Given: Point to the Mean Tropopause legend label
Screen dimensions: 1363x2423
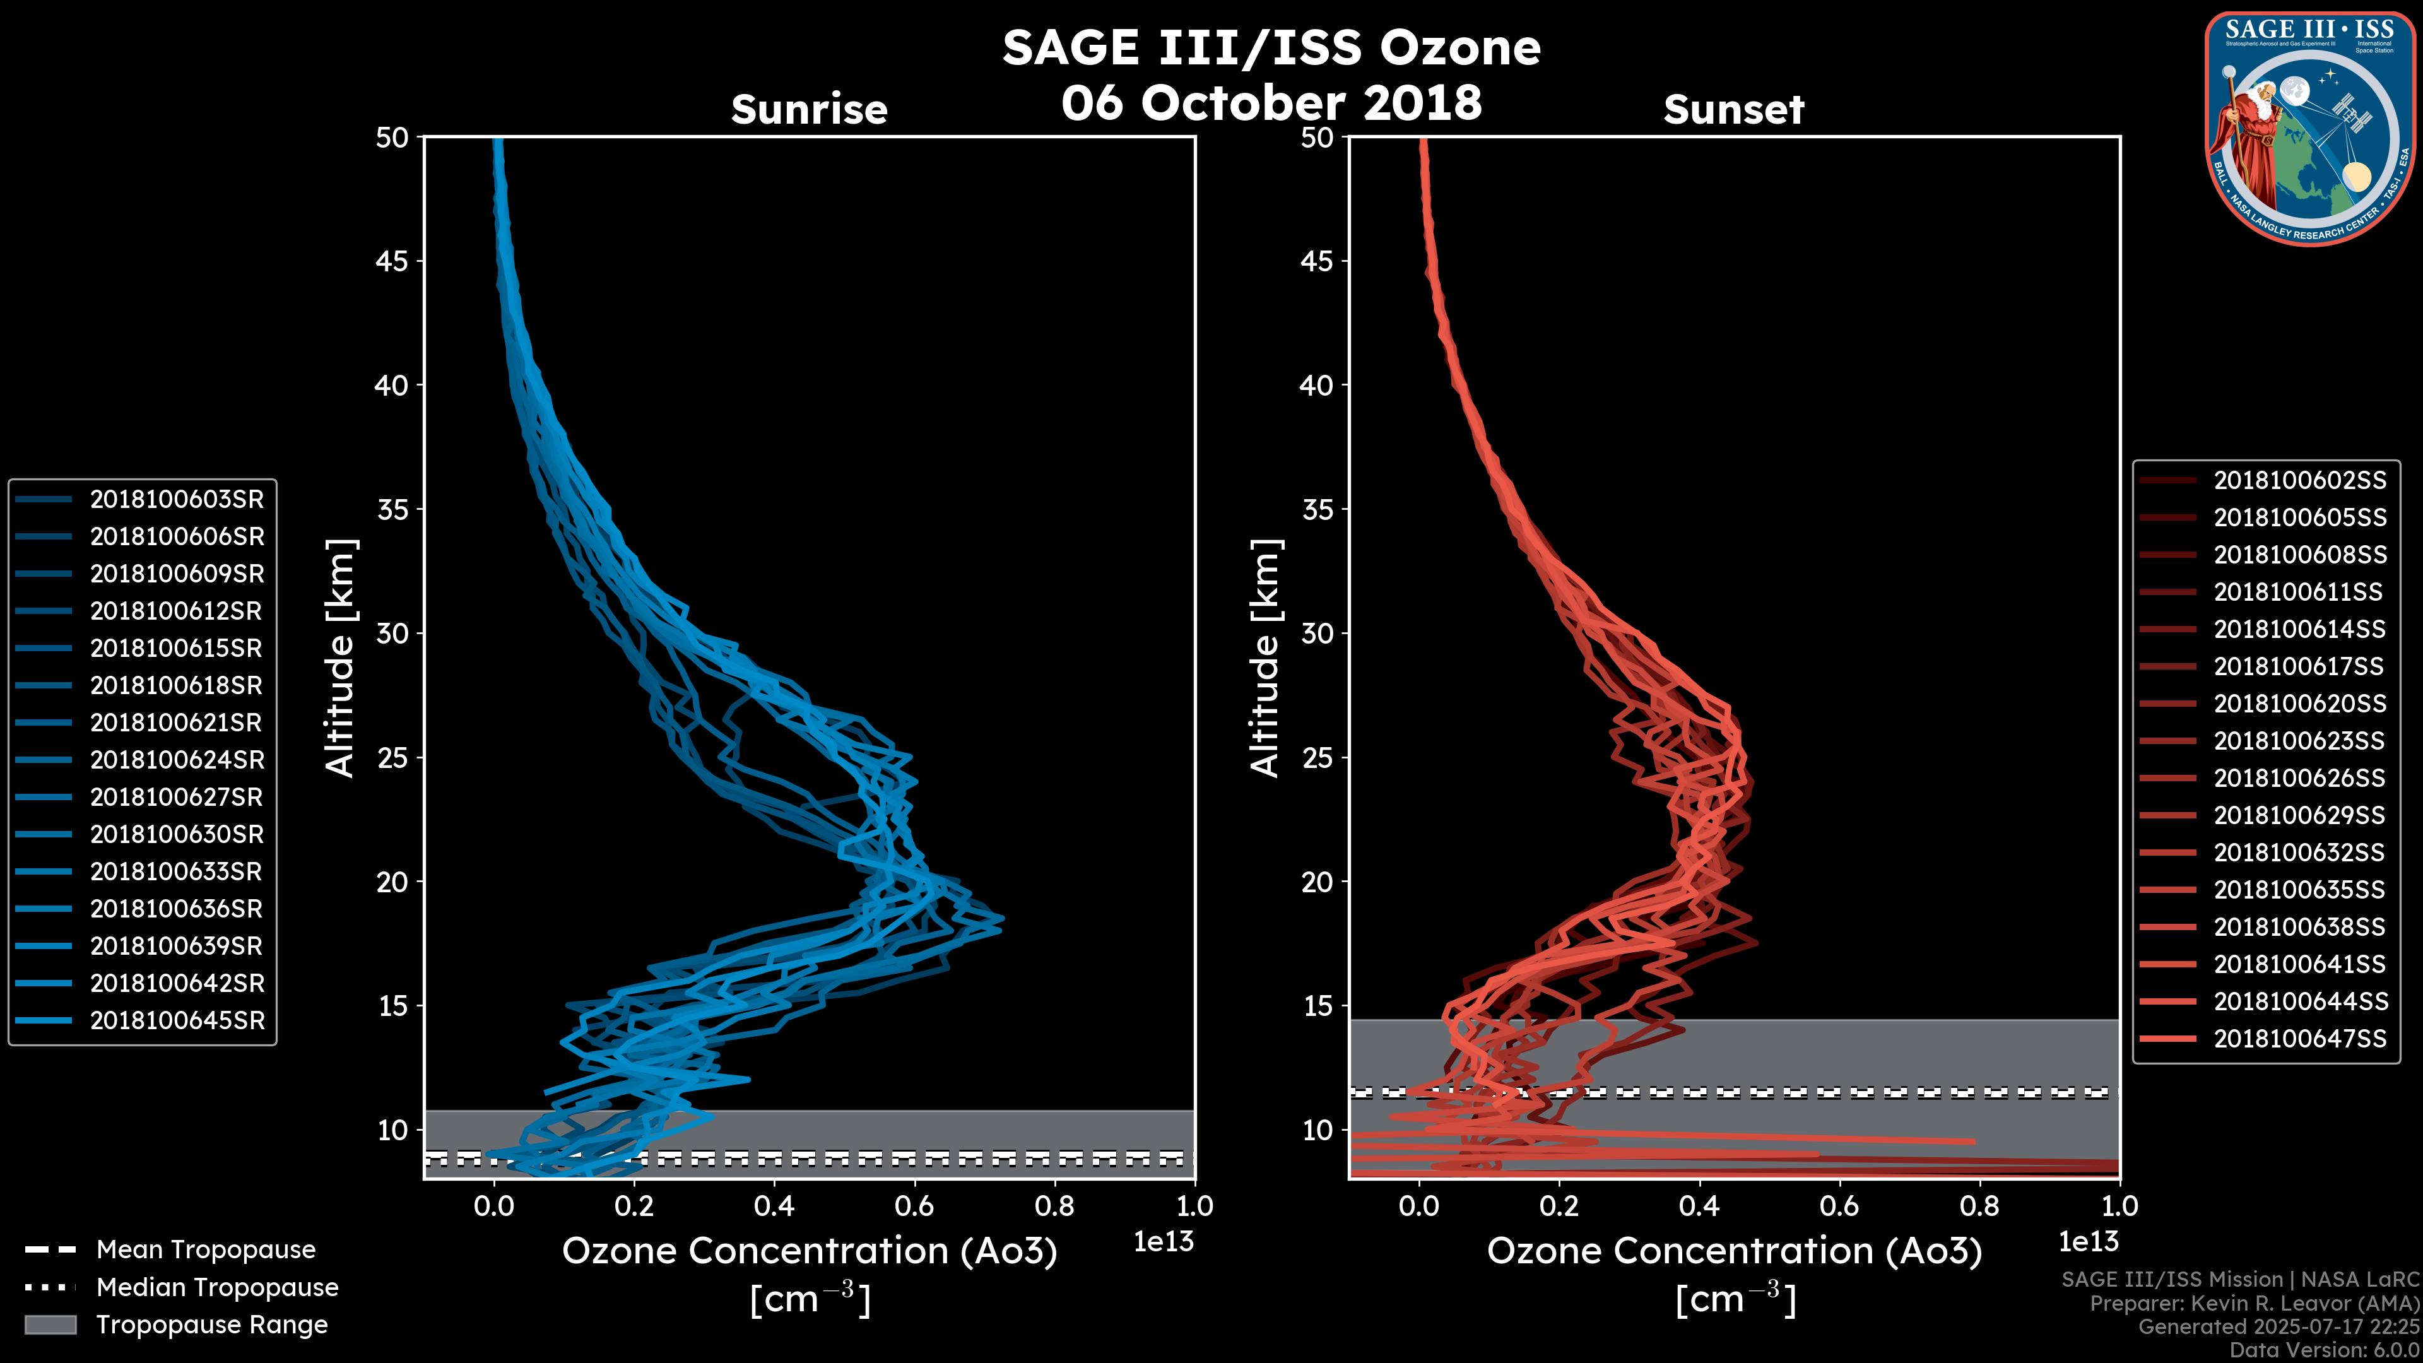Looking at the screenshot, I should [206, 1250].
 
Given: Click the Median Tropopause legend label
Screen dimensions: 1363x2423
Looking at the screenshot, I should [217, 1288].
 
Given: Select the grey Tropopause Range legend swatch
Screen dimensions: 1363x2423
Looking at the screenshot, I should [50, 1325].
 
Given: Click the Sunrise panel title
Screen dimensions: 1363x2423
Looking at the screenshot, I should [809, 109].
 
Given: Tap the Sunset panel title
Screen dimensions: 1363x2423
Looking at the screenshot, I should [1733, 109].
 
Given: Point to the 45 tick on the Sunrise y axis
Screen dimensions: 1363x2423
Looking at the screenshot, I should [392, 261].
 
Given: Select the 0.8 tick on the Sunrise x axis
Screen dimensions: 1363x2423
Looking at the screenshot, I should [1054, 1206].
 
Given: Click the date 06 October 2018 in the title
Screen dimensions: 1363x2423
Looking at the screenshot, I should [1271, 102].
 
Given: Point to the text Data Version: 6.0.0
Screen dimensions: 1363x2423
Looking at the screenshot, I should [2324, 1351].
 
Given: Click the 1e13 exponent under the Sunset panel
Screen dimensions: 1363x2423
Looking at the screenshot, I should [2088, 1242].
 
